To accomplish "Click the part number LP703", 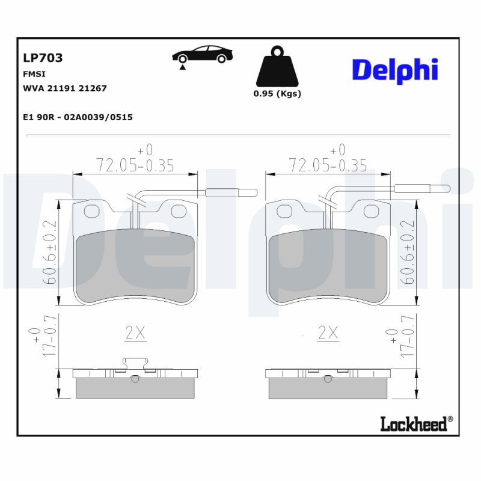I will (x=42, y=58).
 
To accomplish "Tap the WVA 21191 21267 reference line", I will (x=64, y=88).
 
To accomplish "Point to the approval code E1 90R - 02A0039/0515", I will (x=77, y=117).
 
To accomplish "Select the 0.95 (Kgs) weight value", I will (x=277, y=94).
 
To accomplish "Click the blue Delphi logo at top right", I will (x=394, y=70).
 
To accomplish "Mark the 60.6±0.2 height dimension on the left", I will (x=51, y=252).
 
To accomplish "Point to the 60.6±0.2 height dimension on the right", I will (x=409, y=252).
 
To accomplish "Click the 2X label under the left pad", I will (x=135, y=333).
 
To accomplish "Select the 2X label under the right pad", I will (x=328, y=333).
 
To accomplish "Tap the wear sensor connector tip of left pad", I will (x=231, y=192).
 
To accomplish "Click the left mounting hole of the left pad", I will (x=91, y=211).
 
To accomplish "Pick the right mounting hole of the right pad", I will (x=372, y=211).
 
